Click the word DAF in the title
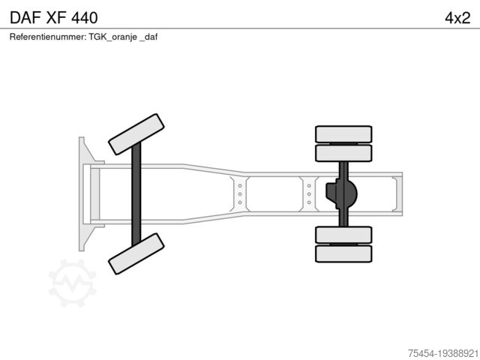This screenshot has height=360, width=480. point(25,17)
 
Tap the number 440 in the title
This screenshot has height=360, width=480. point(85,17)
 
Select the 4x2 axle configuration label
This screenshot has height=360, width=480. point(457,18)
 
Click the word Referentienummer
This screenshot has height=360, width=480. point(48,37)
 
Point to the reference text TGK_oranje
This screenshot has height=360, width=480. point(112,37)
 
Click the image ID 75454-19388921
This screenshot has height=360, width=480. point(443,353)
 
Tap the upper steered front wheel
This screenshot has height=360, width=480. point(136,134)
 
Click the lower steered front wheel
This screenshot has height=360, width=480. point(136,253)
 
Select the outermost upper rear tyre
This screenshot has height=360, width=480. point(343,134)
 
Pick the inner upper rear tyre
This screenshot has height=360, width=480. point(343,153)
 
